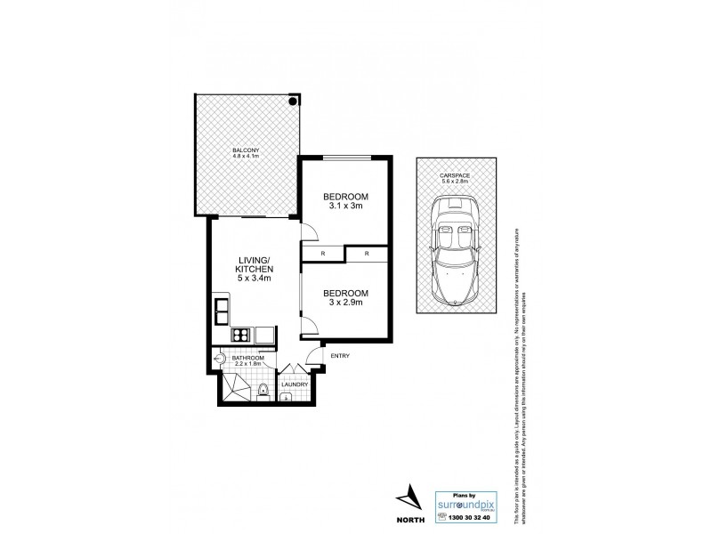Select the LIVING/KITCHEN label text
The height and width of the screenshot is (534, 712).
click(254, 268)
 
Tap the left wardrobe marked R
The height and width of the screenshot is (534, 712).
click(322, 255)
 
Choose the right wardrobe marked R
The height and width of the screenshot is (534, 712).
click(367, 255)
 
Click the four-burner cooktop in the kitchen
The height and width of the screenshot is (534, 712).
click(239, 336)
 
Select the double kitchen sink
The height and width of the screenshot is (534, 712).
click(222, 311)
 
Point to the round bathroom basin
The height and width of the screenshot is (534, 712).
click(219, 360)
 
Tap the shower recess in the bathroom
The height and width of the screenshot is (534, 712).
click(235, 387)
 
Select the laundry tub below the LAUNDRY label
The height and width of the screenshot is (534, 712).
click(288, 397)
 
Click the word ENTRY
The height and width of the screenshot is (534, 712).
click(339, 356)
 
